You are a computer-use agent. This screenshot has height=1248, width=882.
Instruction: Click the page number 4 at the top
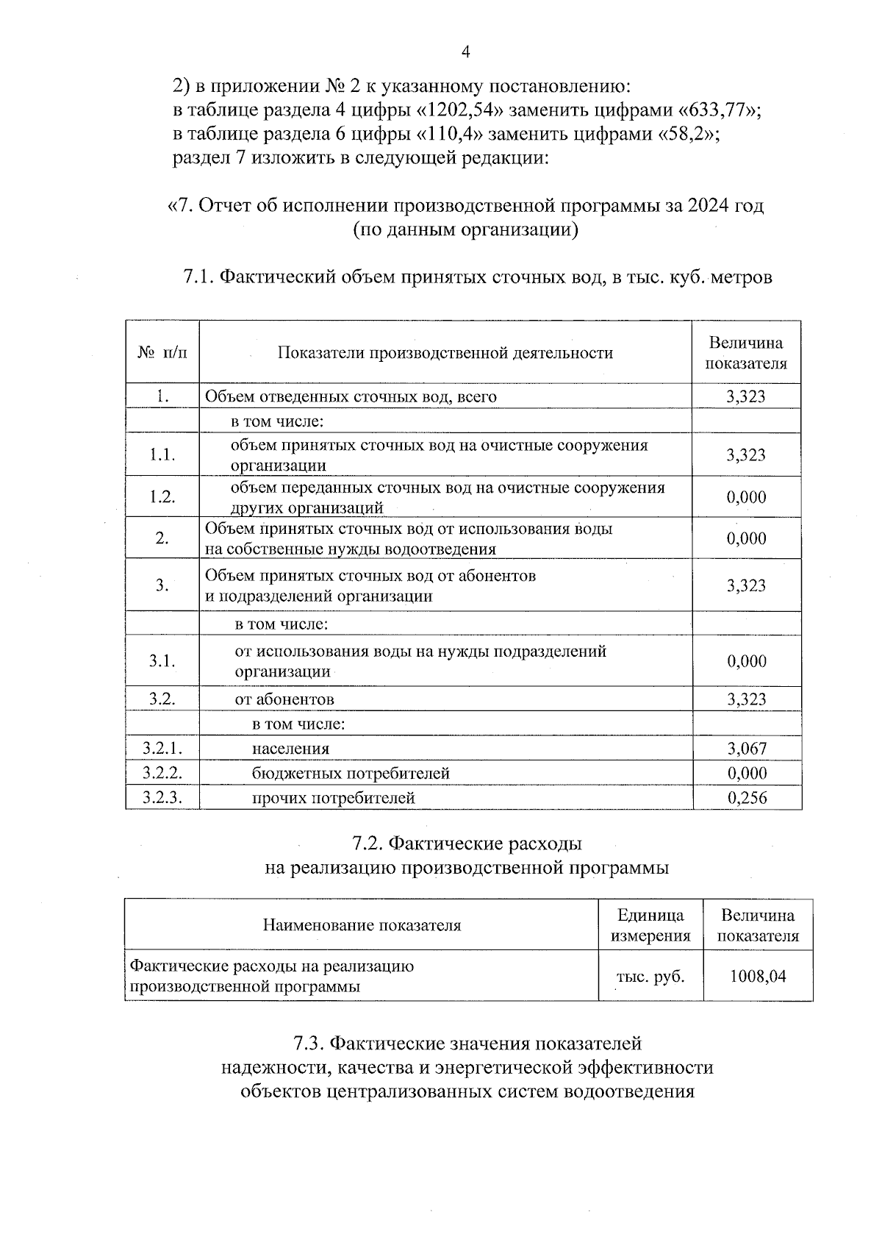465,51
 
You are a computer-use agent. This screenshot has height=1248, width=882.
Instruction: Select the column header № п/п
162,353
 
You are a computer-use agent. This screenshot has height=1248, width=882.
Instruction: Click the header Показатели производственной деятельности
445,353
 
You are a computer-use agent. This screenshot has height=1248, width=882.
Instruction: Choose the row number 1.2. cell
162,497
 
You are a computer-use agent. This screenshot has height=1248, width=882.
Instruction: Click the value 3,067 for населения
747,749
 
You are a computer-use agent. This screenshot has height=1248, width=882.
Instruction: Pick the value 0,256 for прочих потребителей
747,798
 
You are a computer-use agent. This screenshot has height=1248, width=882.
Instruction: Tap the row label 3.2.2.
162,773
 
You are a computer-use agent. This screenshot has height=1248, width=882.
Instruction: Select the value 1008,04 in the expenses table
758,977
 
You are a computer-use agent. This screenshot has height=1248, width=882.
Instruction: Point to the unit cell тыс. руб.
650,977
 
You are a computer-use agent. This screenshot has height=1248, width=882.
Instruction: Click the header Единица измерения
650,925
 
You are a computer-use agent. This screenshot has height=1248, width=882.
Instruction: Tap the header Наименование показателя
362,925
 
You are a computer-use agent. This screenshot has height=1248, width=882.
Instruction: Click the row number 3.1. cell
162,661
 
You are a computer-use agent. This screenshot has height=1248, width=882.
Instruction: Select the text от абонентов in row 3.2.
284,699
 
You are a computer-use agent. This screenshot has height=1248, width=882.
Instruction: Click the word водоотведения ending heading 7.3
628,1091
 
